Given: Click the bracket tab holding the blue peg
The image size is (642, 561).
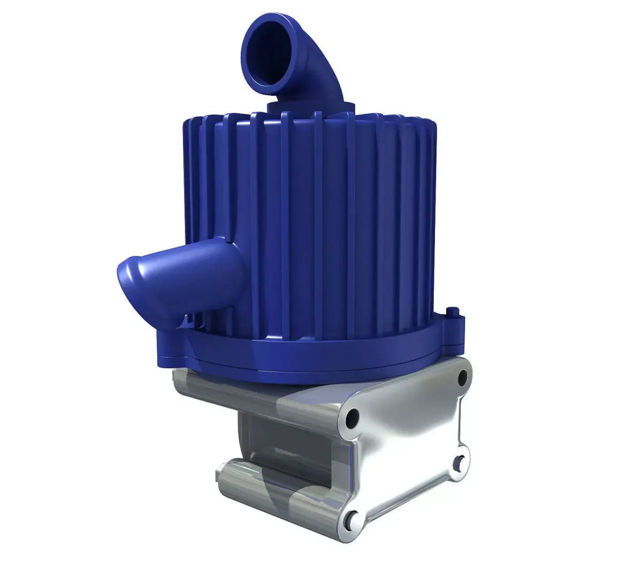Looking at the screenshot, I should coord(455,326).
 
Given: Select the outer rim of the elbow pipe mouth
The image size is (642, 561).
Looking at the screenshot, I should coord(247,32).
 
